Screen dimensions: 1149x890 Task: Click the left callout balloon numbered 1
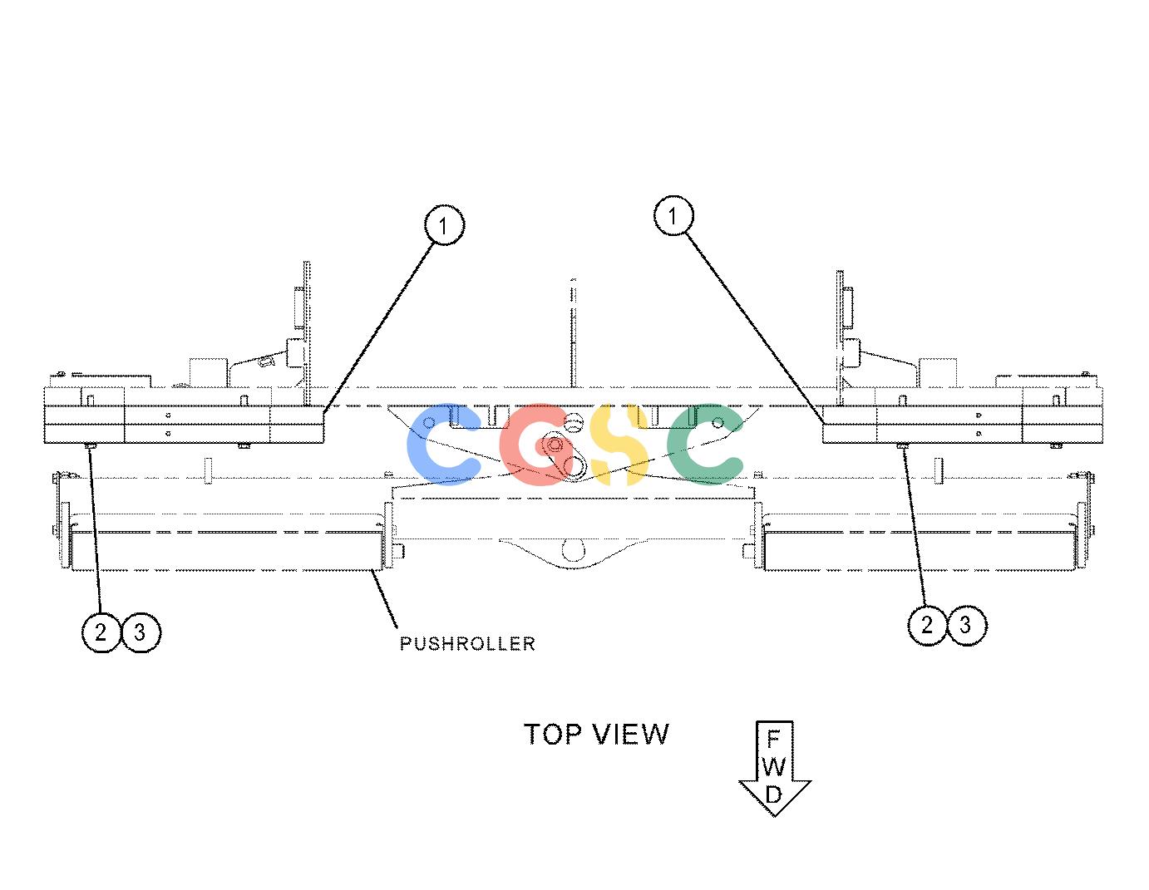pyautogui.click(x=444, y=225)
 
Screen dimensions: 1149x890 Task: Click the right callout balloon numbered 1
pyautogui.click(x=673, y=215)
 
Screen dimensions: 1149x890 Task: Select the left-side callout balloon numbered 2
pyautogui.click(x=101, y=632)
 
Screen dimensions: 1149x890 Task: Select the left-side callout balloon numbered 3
pyautogui.click(x=141, y=632)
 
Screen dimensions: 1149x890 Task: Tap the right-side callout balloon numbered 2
pyautogui.click(x=927, y=626)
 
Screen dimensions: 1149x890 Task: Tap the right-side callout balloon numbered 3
pyautogui.click(x=966, y=626)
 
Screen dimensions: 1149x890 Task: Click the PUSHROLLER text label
pyautogui.click(x=467, y=644)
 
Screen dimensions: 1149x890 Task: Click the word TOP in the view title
pyautogui.click(x=552, y=735)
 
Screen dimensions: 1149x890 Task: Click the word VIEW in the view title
pyautogui.click(x=630, y=735)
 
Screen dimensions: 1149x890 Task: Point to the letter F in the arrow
pyautogui.click(x=773, y=739)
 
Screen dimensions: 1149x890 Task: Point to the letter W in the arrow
pyautogui.click(x=774, y=767)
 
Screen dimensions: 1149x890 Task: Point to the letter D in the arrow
pyautogui.click(x=773, y=794)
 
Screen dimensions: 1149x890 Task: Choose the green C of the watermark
pyautogui.click(x=705, y=444)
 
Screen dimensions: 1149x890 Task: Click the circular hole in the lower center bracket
pyautogui.click(x=573, y=549)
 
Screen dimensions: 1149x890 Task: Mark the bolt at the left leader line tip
pyautogui.click(x=90, y=447)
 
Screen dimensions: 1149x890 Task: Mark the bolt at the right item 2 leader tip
pyautogui.click(x=902, y=447)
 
